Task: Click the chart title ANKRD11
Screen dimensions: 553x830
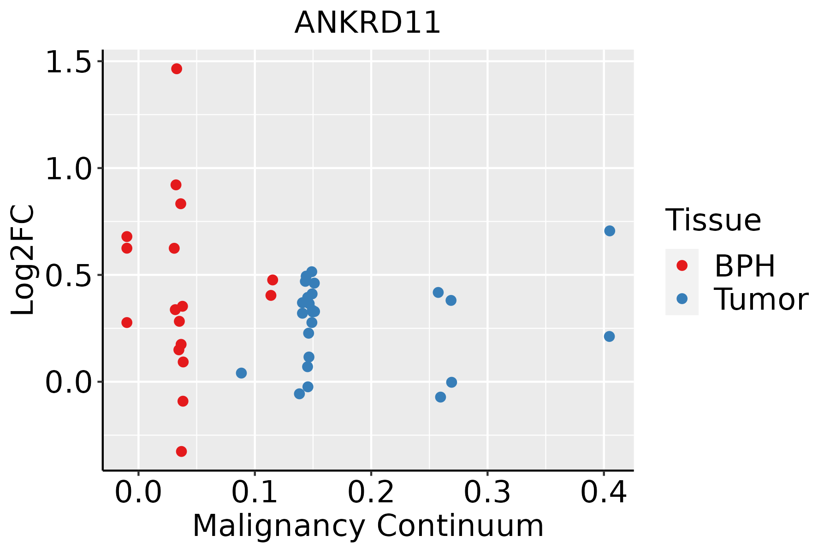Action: click(368, 23)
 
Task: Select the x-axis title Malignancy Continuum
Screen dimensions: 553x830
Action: click(368, 526)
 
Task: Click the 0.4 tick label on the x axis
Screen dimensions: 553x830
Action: click(603, 492)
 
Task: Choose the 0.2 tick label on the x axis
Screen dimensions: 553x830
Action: click(371, 492)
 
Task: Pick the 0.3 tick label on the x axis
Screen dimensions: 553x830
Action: click(487, 492)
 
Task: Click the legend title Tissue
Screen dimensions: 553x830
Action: click(713, 220)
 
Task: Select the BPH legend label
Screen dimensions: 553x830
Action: click(745, 266)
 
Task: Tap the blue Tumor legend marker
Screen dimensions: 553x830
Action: click(682, 299)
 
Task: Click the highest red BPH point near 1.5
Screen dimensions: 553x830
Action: click(177, 69)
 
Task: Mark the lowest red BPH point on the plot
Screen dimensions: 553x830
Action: click(182, 451)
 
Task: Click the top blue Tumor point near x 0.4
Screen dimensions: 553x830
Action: click(610, 231)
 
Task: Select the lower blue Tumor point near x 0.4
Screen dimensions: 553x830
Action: click(609, 336)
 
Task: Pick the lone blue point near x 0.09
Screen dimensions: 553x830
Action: click(241, 373)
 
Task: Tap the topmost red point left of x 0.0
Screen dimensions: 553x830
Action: click(127, 236)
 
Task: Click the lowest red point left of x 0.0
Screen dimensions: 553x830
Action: click(127, 322)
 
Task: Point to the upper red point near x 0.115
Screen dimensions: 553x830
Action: click(273, 280)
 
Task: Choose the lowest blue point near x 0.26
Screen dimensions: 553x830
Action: click(440, 397)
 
